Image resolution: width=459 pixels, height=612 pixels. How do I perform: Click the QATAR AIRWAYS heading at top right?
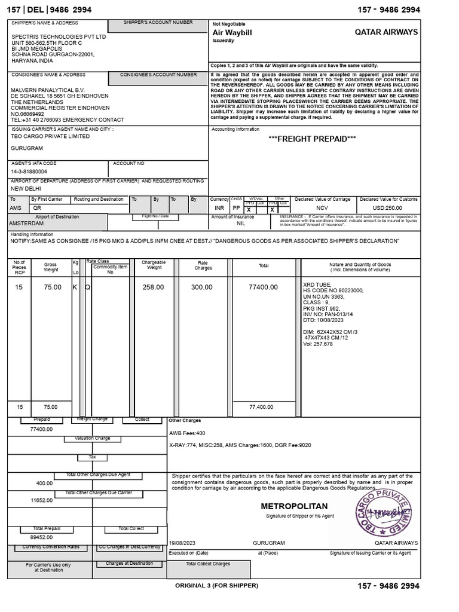coord(387,32)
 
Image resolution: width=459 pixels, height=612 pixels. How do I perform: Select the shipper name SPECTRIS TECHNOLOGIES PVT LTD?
coord(59,36)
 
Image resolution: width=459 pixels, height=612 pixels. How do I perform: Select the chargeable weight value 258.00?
coord(153,287)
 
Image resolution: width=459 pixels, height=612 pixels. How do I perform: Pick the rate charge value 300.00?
coord(201,287)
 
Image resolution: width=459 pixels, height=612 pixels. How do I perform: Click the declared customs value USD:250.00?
coord(387,208)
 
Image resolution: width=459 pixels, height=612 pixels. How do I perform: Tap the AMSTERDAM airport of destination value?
coord(27,223)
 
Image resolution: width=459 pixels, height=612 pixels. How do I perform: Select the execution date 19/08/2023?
coord(183,543)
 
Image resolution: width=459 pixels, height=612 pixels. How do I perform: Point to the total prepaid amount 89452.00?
coord(41,537)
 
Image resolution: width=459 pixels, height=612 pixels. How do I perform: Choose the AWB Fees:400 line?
coord(188,433)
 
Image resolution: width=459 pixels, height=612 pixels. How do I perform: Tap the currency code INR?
coord(219,208)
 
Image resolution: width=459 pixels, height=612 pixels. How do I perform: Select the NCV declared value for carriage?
coord(323,208)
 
